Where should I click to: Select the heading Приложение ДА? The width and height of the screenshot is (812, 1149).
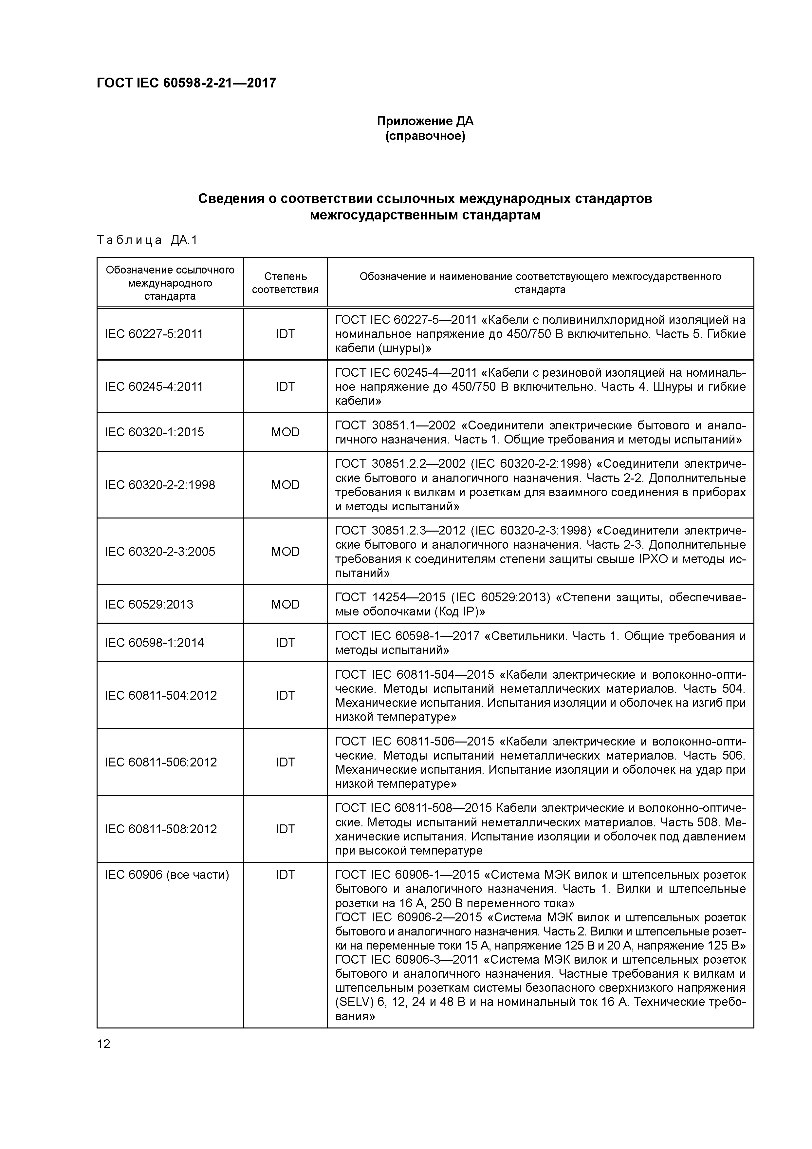pyautogui.click(x=425, y=122)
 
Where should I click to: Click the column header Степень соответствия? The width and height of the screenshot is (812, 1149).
pyautogui.click(x=285, y=283)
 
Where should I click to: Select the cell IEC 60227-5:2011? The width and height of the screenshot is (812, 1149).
pyautogui.click(x=154, y=334)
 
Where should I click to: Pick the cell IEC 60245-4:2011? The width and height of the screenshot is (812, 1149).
pyautogui.click(x=154, y=386)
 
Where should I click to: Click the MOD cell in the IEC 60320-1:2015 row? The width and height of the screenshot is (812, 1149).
pyautogui.click(x=285, y=432)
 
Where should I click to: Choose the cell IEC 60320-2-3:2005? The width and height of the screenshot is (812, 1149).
pyautogui.click(x=160, y=552)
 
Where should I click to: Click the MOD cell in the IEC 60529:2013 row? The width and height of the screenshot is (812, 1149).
pyautogui.click(x=285, y=604)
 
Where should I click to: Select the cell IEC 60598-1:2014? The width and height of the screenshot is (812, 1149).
pyautogui.click(x=155, y=643)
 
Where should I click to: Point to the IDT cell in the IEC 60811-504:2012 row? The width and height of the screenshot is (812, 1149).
pyautogui.click(x=285, y=695)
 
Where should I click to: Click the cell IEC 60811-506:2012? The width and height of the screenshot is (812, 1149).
pyautogui.click(x=161, y=762)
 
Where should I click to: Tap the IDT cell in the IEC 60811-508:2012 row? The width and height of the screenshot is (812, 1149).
pyautogui.click(x=285, y=829)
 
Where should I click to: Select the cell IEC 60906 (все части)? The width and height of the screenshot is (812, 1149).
pyautogui.click(x=167, y=875)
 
